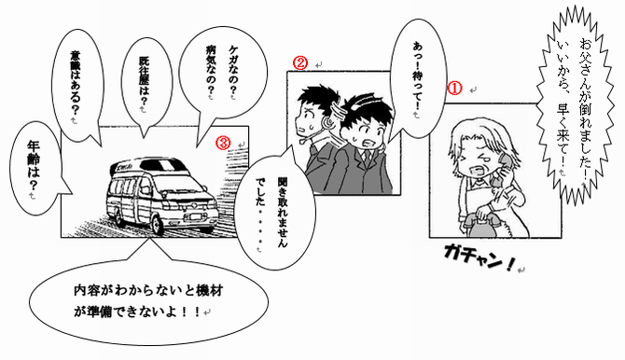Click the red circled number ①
tap(455, 88)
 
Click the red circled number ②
tap(300, 63)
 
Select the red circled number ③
tap(223, 143)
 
